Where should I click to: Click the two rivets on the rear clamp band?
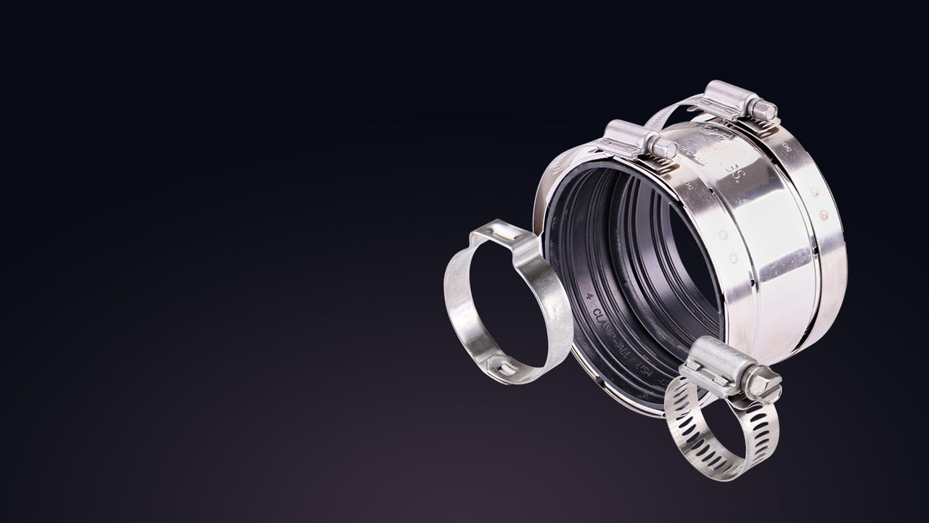tap(819, 204)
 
